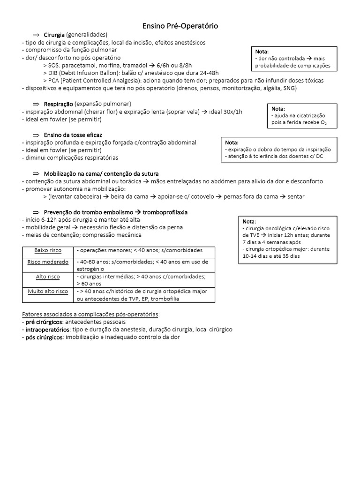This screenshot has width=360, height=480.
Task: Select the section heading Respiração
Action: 58,104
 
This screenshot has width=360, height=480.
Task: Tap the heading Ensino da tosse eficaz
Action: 73,135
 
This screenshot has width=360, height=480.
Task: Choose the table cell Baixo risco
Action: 48,251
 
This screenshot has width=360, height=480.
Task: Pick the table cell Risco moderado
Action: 48,262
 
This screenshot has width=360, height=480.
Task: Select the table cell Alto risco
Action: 48,277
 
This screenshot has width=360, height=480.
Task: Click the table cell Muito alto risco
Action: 48,292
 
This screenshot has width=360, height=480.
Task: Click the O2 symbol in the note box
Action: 322,123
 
